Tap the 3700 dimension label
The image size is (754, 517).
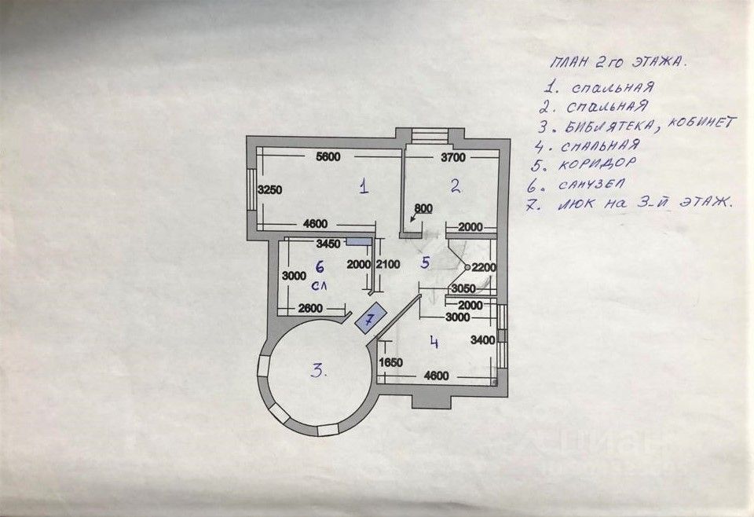452,158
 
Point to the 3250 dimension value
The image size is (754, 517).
270,189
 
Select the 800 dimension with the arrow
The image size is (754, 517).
423,209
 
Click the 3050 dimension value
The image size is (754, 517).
463,289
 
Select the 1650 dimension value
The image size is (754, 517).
390,363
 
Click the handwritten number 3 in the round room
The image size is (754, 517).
317,371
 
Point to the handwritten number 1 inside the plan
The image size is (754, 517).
363,186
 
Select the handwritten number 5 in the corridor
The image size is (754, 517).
425,262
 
